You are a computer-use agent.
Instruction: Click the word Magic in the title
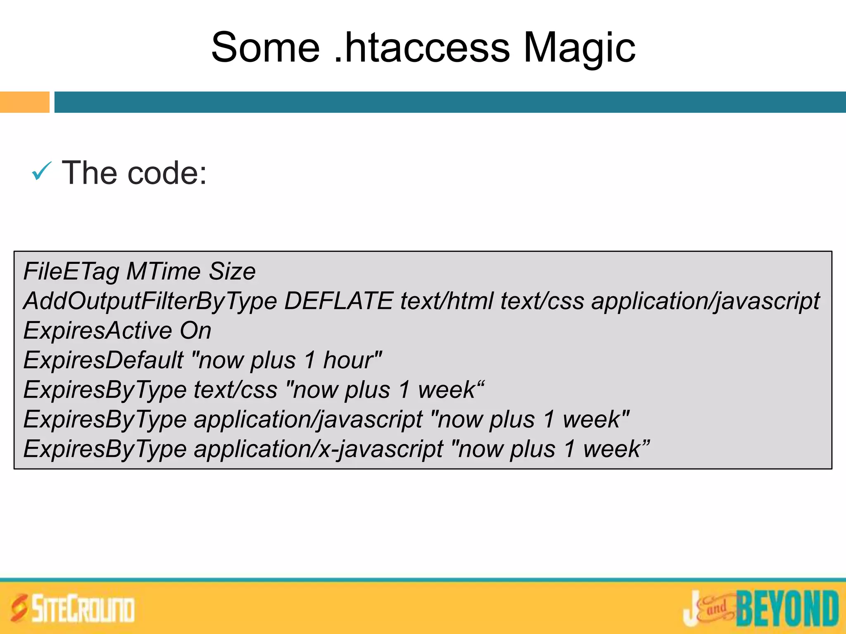click(x=579, y=49)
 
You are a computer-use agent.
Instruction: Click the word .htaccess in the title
click(x=421, y=48)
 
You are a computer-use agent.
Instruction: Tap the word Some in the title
click(x=265, y=48)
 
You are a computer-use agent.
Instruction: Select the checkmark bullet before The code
click(x=42, y=171)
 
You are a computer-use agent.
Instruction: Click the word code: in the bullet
click(x=167, y=173)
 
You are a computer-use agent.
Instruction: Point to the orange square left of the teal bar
click(x=24, y=102)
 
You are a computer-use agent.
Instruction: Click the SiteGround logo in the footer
click(x=73, y=608)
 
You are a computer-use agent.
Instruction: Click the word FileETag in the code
click(x=71, y=272)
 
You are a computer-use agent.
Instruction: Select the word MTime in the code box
click(x=163, y=272)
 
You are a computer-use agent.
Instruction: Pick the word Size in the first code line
click(x=232, y=272)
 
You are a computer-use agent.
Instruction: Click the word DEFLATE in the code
click(x=338, y=301)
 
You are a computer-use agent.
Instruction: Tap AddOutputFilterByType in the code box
click(x=150, y=301)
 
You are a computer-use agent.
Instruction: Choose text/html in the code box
click(x=447, y=301)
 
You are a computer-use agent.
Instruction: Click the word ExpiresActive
click(x=97, y=331)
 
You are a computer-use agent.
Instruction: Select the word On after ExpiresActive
click(x=195, y=331)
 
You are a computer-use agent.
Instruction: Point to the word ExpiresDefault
click(x=103, y=360)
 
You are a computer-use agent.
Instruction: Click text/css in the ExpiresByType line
click(x=235, y=390)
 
